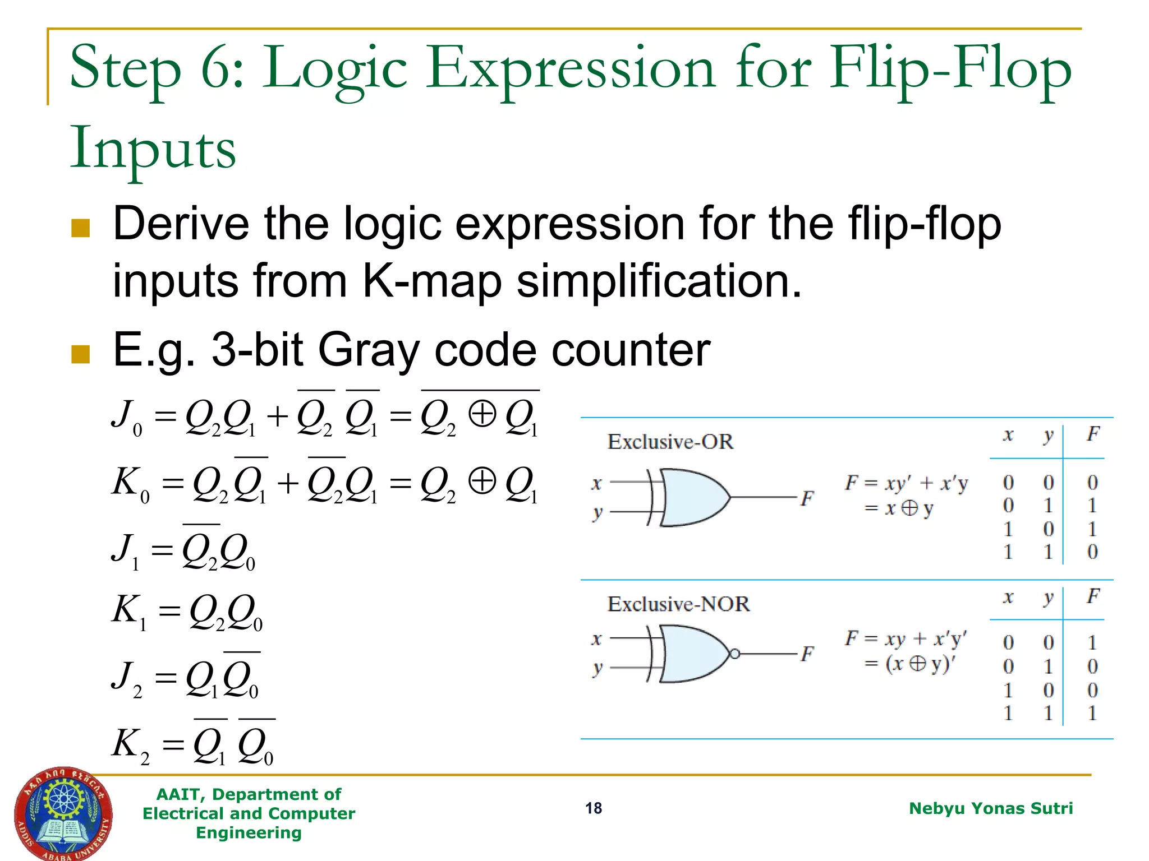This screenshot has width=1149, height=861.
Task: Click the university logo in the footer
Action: point(63,814)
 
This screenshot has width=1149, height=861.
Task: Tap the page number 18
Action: point(593,808)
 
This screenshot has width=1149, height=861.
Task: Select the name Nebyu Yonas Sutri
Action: point(990,808)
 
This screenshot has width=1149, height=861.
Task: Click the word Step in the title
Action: point(126,70)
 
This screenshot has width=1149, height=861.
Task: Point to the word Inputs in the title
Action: point(153,149)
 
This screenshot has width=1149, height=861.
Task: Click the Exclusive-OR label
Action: point(670,442)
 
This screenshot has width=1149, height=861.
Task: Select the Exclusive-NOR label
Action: point(678,604)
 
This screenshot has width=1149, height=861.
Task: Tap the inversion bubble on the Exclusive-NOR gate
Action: point(734,654)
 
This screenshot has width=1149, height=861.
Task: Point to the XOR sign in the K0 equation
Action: point(482,481)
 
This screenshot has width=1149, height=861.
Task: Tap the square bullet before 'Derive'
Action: point(81,228)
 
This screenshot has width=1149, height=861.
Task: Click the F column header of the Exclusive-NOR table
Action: point(1092,596)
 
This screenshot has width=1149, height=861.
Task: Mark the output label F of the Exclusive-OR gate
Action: point(807,497)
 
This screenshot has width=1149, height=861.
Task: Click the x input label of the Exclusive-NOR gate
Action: point(596,638)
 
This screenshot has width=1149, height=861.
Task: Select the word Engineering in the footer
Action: point(249,833)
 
